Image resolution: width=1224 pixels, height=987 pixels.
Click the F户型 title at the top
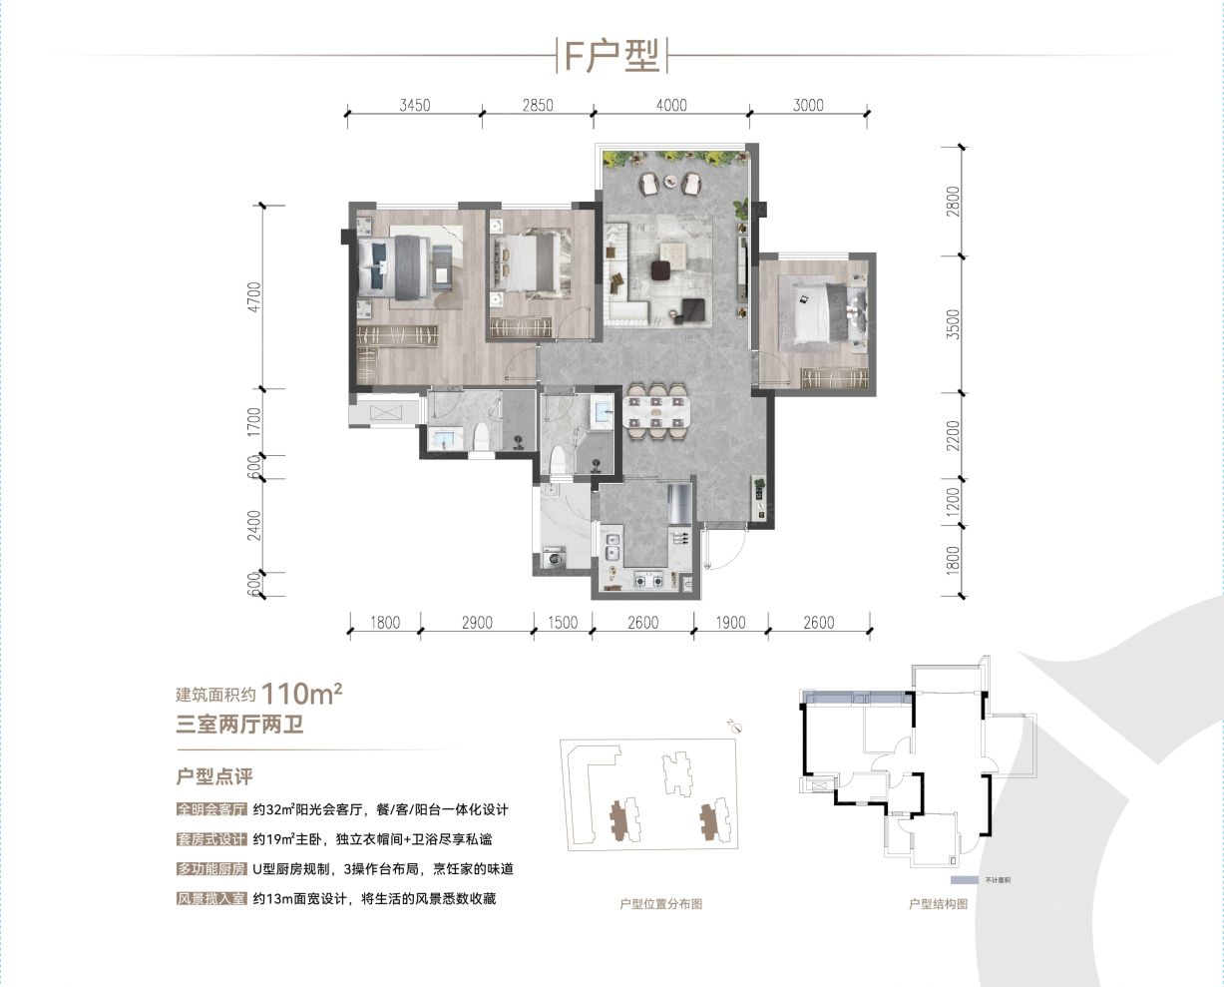pyautogui.click(x=612, y=56)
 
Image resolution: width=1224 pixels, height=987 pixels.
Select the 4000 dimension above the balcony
pyautogui.click(x=670, y=105)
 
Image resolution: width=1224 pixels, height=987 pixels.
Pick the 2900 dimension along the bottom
pyautogui.click(x=477, y=623)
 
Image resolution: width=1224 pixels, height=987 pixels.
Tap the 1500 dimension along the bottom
pyautogui.click(x=563, y=623)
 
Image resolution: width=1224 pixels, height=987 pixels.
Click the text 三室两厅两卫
pyautogui.click(x=239, y=726)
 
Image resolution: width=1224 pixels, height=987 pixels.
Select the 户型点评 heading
pyautogui.click(x=213, y=776)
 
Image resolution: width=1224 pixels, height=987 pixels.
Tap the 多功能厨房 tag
pyautogui.click(x=210, y=869)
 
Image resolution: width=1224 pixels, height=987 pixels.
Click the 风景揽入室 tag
pyautogui.click(x=210, y=899)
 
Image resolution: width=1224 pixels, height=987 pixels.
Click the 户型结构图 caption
pyautogui.click(x=938, y=904)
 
